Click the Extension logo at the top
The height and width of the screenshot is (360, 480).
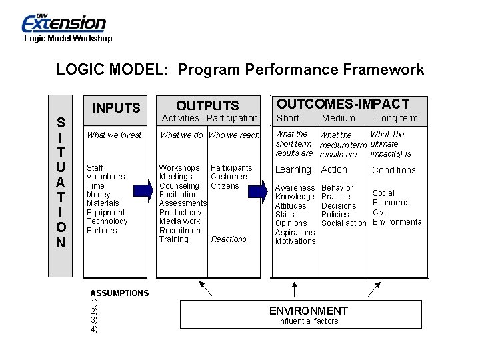[64, 23]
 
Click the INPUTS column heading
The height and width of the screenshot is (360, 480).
[116, 108]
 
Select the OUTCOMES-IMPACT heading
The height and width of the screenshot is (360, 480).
[343, 103]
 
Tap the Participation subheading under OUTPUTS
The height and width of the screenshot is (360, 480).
[232, 118]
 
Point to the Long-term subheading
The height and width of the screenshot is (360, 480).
[397, 119]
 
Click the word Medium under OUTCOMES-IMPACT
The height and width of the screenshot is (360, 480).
[339, 119]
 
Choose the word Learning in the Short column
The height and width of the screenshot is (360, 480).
[293, 170]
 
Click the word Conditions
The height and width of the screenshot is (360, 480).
[394, 170]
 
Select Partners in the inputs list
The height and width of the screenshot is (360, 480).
[101, 231]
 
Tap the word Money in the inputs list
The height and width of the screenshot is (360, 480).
[99, 195]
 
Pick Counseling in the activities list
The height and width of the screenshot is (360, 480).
[179, 186]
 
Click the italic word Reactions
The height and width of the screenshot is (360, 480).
[229, 239]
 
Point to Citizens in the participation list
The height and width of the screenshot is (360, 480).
[225, 186]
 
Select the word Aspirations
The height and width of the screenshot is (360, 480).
[295, 233]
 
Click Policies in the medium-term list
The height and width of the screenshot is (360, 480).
[335, 215]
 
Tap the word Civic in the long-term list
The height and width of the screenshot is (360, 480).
[381, 213]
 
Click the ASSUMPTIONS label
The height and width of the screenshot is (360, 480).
[119, 293]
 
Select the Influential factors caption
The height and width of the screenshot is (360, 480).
[308, 321]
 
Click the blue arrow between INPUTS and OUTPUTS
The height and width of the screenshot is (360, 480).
[140, 191]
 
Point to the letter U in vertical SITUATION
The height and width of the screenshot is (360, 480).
[61, 166]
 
